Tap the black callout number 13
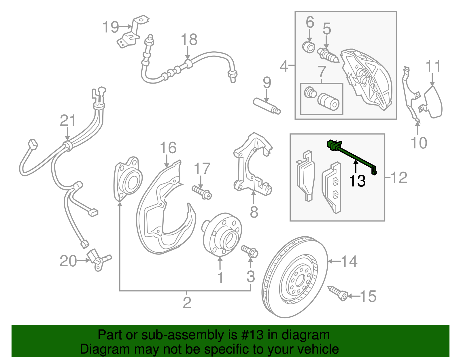click(357, 181)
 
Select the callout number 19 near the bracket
click(111, 27)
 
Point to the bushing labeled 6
click(309, 47)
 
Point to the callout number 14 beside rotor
click(349, 261)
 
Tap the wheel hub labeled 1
click(222, 235)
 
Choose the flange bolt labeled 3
click(250, 251)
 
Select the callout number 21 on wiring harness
click(68, 120)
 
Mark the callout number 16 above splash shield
click(168, 148)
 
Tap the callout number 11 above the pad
click(433, 67)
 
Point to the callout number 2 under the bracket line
click(187, 303)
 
